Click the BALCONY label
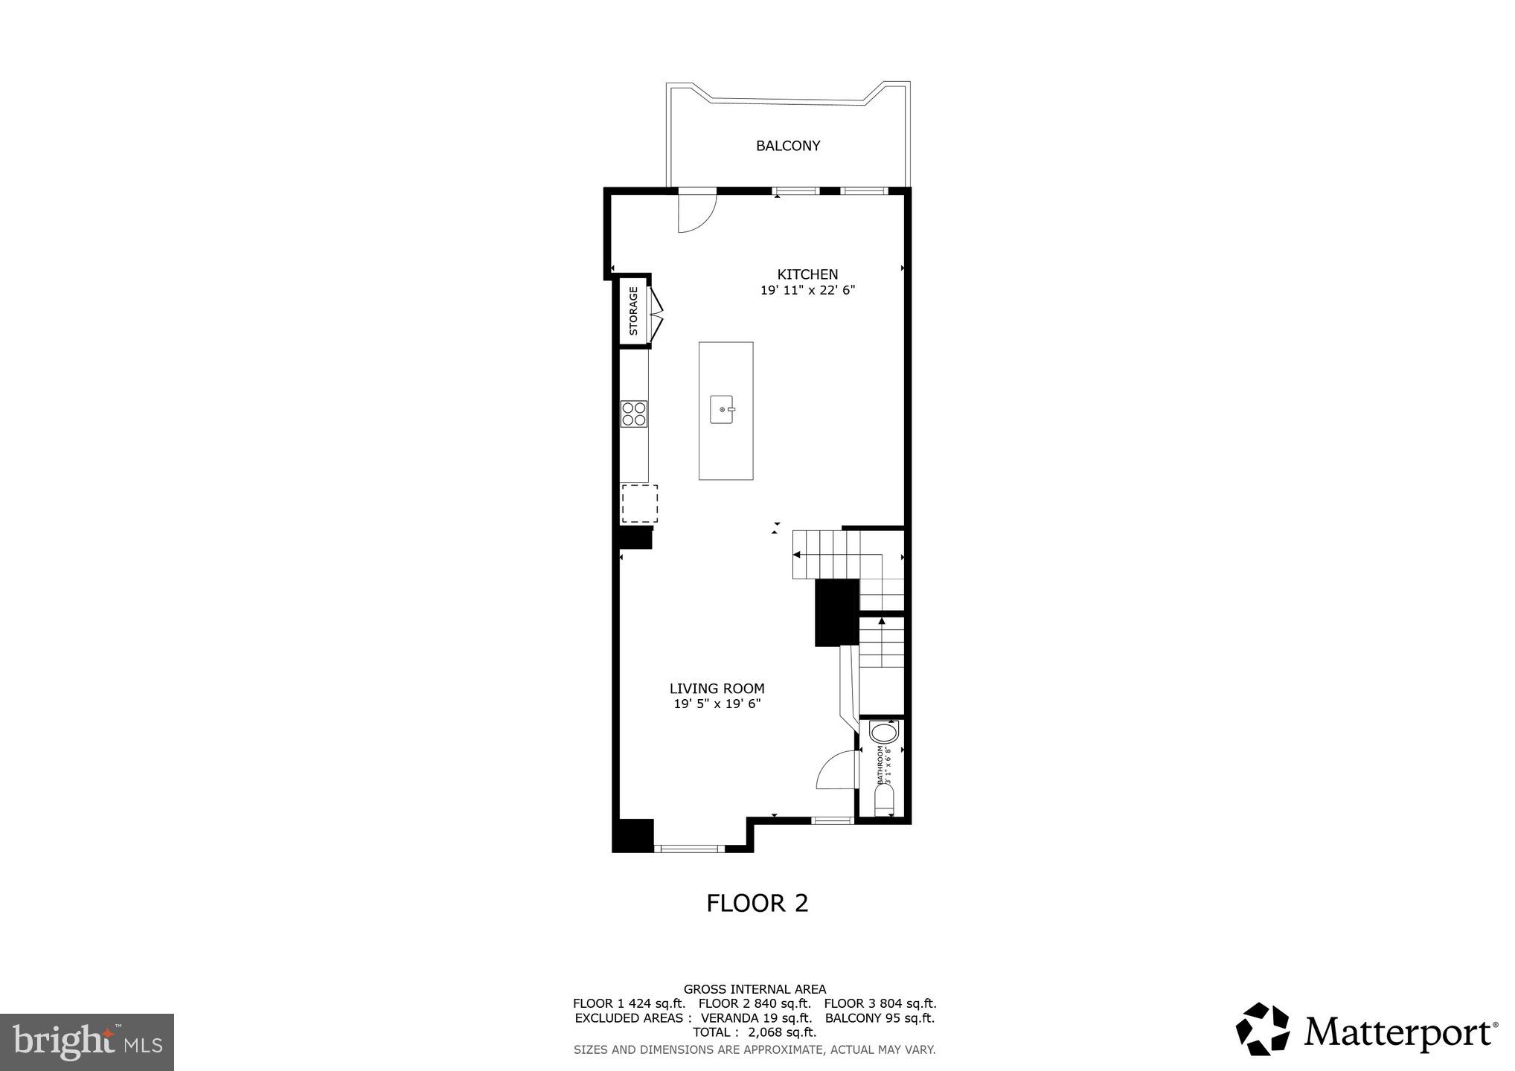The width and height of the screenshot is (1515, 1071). pos(787,146)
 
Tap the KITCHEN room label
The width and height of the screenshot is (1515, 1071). pos(807,274)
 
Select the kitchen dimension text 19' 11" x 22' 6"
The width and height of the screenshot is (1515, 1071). pos(807,291)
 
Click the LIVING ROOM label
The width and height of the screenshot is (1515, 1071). pos(717,689)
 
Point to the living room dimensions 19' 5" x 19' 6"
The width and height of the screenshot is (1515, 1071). pos(717,704)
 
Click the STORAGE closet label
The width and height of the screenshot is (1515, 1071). pos(633,311)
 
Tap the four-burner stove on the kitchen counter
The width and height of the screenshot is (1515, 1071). pos(634,414)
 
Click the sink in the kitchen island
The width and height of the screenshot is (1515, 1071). pos(722,410)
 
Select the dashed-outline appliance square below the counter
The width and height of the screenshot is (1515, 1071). pos(639,504)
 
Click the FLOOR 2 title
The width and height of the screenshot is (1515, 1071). pos(757,903)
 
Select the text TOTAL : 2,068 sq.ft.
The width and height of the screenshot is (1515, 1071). pos(755,1032)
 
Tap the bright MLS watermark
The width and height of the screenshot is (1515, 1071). pos(87,1042)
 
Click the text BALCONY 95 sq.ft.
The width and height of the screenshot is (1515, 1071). pos(880,1018)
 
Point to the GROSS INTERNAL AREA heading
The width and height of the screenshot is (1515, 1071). pos(755,989)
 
